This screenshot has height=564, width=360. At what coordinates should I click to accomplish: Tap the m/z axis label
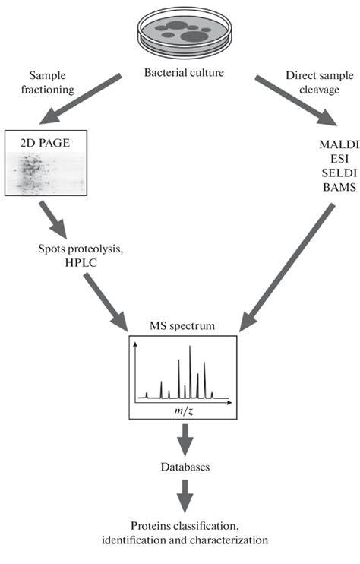182,409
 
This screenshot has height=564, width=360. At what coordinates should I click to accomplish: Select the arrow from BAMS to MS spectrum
281,266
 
